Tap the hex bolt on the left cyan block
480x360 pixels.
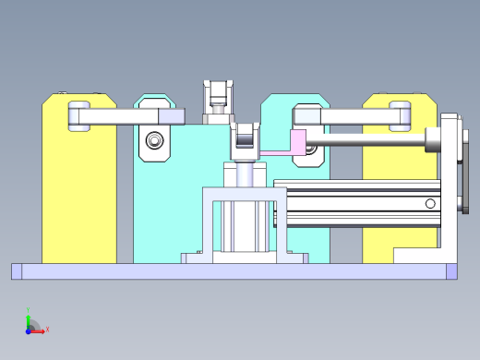(154, 141)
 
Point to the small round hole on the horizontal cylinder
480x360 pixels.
(430, 203)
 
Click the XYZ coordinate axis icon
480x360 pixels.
(33, 325)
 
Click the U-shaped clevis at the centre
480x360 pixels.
(246, 138)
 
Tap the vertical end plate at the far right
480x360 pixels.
(450, 185)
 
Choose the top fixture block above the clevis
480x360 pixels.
(220, 97)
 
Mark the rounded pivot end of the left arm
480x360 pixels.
(79, 116)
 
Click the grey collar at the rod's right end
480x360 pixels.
(433, 141)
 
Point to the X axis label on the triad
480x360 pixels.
(47, 329)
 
